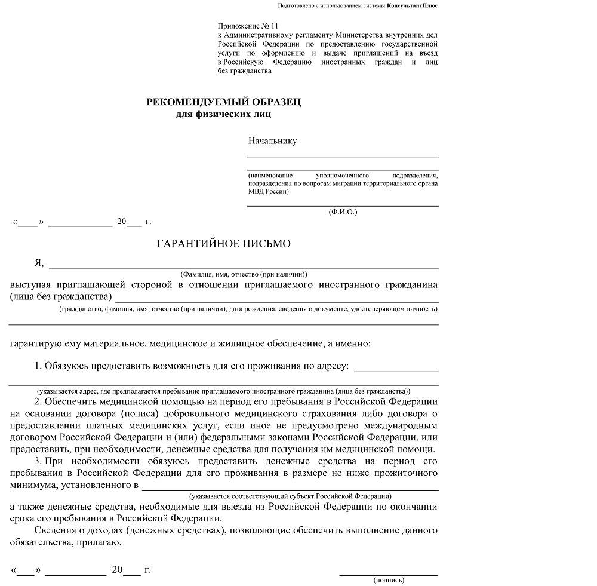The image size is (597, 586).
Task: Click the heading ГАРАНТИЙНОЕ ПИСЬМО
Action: (223, 244)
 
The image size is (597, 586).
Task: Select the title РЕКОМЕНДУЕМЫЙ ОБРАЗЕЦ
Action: (224, 102)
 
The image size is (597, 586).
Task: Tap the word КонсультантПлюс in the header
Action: (411, 5)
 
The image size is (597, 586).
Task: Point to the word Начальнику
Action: (272, 141)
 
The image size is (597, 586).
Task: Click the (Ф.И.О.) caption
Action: (343, 212)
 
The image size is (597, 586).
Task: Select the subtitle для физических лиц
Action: (224, 113)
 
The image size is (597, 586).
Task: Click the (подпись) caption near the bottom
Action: (389, 580)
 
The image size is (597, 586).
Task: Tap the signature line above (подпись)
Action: (389, 574)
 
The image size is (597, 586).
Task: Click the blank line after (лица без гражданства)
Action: (276, 302)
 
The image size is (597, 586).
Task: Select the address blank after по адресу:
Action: (396, 370)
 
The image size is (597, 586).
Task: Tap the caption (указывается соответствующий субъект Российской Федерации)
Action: (290, 496)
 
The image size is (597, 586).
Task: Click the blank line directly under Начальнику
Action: (343, 156)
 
